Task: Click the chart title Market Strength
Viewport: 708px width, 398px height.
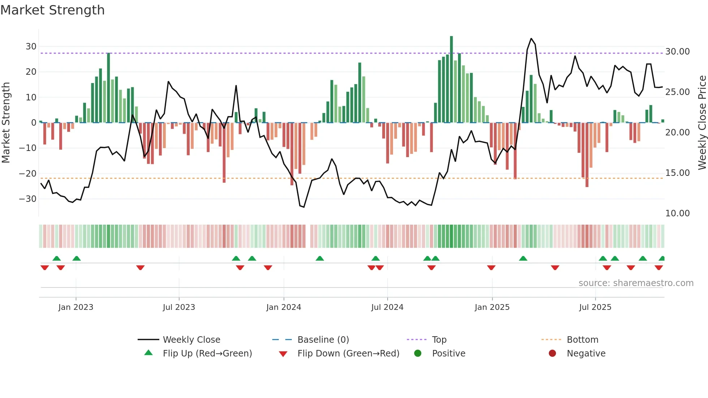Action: point(52,10)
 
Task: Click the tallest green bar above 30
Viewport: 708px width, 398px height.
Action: point(451,79)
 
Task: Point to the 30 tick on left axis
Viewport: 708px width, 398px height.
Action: point(31,47)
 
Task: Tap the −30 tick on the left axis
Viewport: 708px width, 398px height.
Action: point(28,199)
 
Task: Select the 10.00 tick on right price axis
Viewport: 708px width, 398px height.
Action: point(677,213)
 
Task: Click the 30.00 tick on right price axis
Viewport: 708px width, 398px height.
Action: point(677,52)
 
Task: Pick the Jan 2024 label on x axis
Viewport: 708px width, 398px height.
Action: point(284,307)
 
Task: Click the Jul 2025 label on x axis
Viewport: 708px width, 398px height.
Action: point(595,307)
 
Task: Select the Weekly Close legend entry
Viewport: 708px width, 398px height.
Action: point(191,340)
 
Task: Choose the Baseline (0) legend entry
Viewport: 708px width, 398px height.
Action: point(323,340)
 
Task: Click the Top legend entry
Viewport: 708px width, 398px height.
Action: point(439,340)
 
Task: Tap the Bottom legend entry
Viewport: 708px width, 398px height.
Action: point(582,340)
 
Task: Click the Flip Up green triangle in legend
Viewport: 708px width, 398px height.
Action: point(148,353)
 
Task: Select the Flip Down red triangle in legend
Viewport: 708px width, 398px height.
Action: point(283,354)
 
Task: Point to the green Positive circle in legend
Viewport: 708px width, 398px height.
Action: point(418,353)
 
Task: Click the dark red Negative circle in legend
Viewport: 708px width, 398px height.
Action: point(552,353)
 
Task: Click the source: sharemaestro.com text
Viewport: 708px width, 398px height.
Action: point(636,283)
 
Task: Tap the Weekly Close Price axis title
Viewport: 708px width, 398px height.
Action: point(702,123)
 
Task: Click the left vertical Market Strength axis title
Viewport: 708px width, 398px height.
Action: point(6,123)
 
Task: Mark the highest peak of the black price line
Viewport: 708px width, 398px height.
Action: point(531,39)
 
